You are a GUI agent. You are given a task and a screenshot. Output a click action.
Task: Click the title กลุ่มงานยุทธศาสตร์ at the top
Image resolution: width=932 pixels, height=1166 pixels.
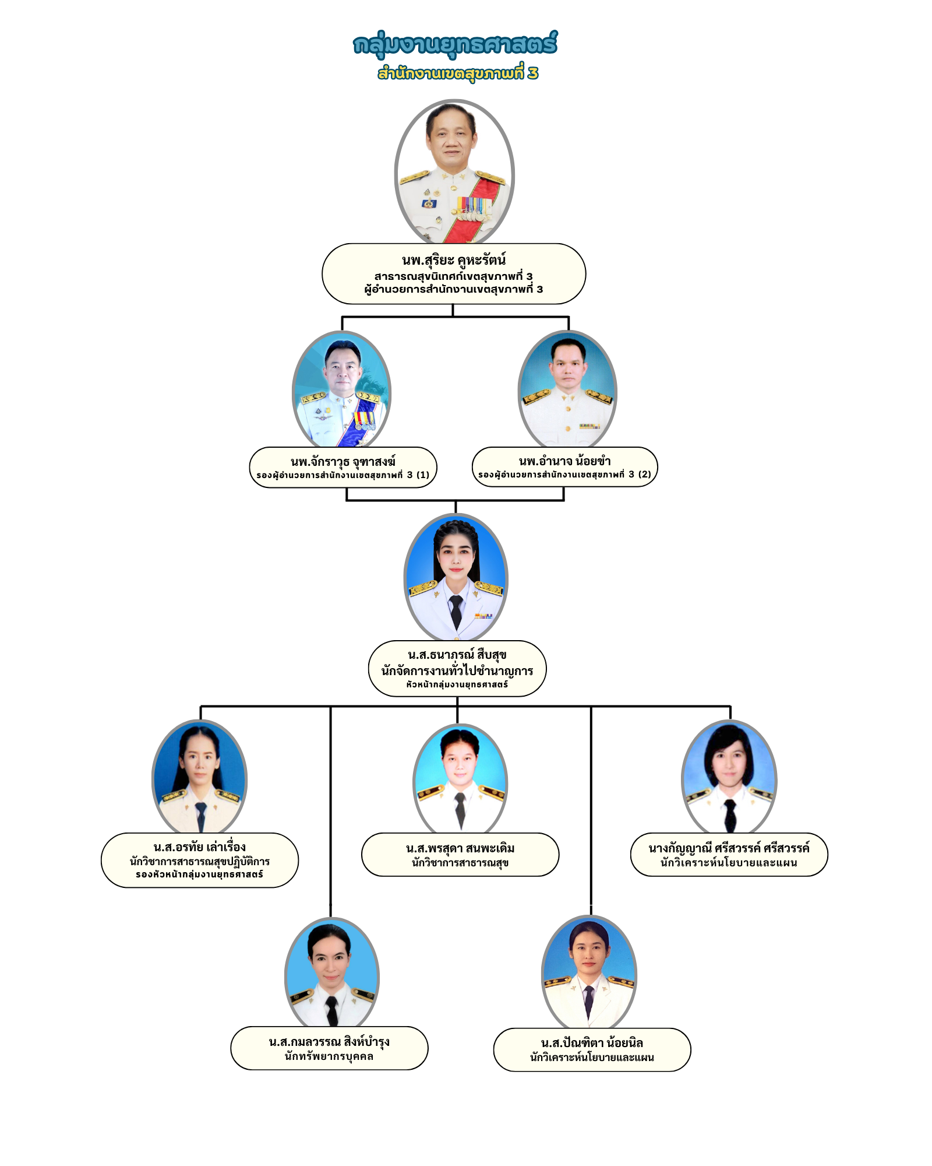coord(455,44)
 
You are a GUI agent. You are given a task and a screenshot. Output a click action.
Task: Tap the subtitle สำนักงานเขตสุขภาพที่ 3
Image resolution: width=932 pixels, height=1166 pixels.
coord(458,73)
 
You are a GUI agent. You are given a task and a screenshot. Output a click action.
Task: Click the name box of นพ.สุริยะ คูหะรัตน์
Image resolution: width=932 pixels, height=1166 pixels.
coord(454,274)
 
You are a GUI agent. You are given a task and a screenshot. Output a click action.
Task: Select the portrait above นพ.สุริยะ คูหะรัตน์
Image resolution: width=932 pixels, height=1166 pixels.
coord(454,172)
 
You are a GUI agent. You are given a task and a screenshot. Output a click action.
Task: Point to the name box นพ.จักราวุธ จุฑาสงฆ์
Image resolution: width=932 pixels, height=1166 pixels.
coord(343,468)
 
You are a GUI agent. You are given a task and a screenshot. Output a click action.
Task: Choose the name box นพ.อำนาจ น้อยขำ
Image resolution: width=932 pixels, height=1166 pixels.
coord(564,467)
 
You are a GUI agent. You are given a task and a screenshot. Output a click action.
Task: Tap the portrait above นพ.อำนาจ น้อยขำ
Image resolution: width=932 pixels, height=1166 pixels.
coord(567,388)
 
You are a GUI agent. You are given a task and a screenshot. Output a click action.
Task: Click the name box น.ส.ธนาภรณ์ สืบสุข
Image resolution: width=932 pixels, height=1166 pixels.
coord(457,669)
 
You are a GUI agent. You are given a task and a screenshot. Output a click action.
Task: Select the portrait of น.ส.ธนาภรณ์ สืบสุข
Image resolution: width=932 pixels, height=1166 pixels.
coord(456,577)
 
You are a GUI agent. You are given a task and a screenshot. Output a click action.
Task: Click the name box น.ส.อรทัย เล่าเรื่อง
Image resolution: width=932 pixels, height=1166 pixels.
coord(200,861)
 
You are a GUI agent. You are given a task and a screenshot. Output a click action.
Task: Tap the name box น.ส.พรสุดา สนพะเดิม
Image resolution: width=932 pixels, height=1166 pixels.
coord(460,855)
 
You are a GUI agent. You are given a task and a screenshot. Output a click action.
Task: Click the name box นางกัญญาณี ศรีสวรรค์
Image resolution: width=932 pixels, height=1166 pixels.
coord(729,855)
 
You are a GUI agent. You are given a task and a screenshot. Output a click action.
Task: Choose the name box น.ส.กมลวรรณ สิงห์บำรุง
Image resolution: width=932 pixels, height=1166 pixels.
coord(329,1048)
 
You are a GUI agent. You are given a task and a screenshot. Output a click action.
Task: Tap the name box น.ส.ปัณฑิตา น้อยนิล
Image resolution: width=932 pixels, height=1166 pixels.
coord(592,1049)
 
